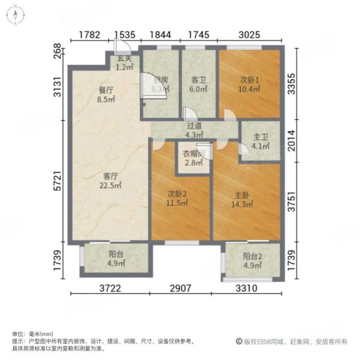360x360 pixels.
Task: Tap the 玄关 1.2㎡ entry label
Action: click(x=124, y=63)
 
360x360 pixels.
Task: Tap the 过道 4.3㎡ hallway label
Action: click(x=194, y=131)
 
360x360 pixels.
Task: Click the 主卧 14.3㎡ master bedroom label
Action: click(x=242, y=199)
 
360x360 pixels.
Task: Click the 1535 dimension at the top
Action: click(x=125, y=35)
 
